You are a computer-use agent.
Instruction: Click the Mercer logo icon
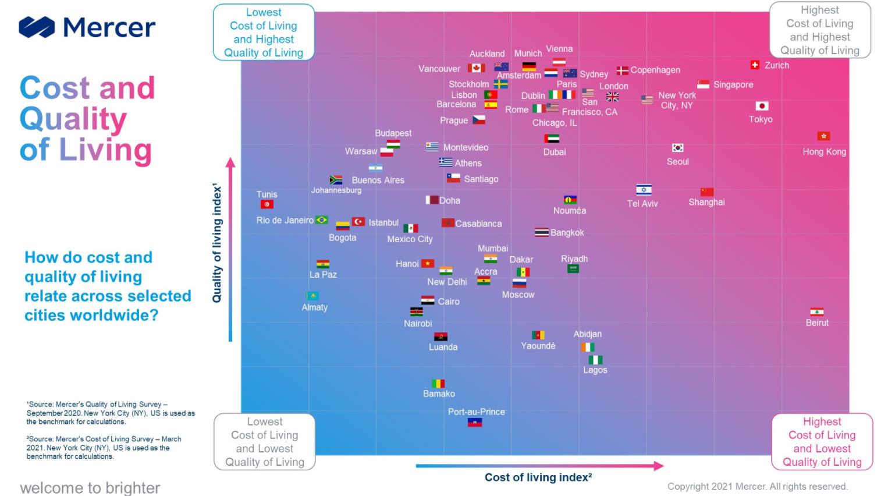click(37, 27)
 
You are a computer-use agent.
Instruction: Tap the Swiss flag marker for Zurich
click(755, 65)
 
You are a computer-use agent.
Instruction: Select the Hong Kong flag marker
click(823, 136)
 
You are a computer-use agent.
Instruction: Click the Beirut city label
click(817, 323)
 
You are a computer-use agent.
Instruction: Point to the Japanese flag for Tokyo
click(762, 106)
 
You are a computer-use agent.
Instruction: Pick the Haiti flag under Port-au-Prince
click(475, 423)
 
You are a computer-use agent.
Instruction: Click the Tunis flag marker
click(267, 204)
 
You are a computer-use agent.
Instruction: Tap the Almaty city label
click(315, 307)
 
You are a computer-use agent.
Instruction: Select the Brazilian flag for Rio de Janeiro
click(322, 220)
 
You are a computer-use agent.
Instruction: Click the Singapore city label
click(733, 85)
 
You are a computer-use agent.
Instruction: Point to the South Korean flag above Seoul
click(677, 148)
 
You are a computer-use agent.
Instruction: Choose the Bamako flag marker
click(438, 384)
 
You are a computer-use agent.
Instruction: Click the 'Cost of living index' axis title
click(538, 477)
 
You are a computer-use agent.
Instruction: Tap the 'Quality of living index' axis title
click(217, 243)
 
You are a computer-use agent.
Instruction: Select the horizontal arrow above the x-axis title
click(539, 466)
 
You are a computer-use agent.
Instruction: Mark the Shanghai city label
click(706, 203)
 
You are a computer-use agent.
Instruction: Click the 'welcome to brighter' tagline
click(90, 488)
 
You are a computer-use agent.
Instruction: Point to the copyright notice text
click(757, 487)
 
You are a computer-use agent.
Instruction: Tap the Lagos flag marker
click(595, 360)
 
